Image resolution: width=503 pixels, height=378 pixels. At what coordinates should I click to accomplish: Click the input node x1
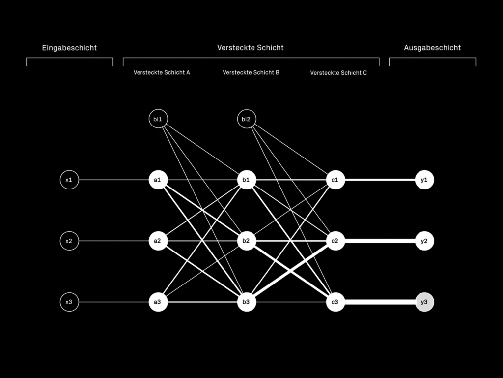click(69, 180)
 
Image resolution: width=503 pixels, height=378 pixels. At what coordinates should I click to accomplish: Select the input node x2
click(69, 241)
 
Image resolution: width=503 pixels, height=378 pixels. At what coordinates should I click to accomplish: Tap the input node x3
click(69, 302)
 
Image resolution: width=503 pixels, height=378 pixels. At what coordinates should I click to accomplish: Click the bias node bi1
click(158, 119)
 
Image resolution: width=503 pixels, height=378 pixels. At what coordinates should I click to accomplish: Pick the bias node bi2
click(246, 119)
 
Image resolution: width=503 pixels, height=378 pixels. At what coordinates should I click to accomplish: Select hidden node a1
click(158, 180)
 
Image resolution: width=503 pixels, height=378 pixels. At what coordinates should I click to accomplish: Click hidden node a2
click(158, 241)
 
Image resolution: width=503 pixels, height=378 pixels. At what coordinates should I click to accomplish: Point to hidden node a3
click(158, 302)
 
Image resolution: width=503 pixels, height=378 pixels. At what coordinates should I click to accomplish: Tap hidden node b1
click(246, 180)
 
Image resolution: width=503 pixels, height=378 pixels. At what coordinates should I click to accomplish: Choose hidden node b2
click(246, 241)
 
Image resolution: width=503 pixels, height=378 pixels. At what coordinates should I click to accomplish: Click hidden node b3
click(246, 302)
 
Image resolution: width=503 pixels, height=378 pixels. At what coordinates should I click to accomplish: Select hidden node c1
click(335, 180)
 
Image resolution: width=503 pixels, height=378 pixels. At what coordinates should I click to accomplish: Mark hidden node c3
click(335, 302)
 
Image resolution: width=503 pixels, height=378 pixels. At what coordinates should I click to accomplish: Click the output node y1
click(424, 180)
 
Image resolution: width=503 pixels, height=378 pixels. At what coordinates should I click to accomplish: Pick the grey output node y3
click(424, 302)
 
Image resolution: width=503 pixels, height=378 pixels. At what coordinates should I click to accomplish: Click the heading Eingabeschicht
click(69, 48)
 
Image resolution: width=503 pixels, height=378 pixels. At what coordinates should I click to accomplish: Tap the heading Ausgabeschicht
click(432, 48)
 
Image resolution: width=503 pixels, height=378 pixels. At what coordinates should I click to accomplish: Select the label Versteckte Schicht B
click(251, 73)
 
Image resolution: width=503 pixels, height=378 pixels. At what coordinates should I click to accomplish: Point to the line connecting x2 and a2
click(113, 241)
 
